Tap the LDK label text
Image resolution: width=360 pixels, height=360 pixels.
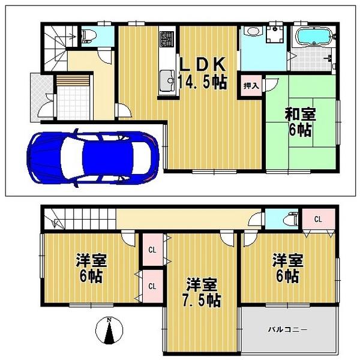tap(201, 64)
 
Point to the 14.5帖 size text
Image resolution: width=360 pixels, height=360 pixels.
tap(202, 82)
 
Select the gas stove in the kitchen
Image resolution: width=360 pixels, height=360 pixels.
tap(166, 40)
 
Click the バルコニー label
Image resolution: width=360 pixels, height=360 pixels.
tap(287, 329)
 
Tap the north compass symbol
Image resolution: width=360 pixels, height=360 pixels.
tap(109, 331)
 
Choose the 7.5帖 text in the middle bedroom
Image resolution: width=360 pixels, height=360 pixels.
tap(201, 299)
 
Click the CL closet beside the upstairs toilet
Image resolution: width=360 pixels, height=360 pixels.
tap(317, 220)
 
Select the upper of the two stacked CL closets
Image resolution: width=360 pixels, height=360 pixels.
tap(152, 250)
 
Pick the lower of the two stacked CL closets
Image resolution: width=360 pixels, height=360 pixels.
tap(152, 286)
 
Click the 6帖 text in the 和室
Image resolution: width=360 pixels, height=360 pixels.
tap(300, 130)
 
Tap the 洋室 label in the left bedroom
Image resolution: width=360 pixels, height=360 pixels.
tap(91, 261)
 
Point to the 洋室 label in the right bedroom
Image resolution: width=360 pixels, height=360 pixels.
tap(288, 261)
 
